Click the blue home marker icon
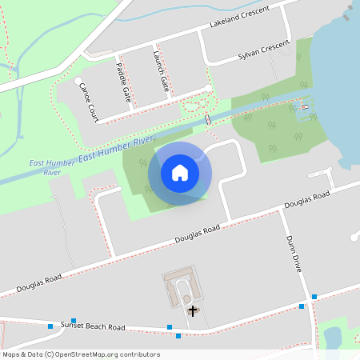tap(180, 172)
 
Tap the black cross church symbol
tap(191, 310)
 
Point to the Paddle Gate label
tap(124, 82)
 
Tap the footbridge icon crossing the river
tap(208, 119)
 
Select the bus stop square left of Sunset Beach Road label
tap(50, 326)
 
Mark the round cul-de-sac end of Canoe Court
tap(78, 82)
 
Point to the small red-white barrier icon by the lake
tap(304, 106)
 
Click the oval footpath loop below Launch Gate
tap(194, 104)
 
